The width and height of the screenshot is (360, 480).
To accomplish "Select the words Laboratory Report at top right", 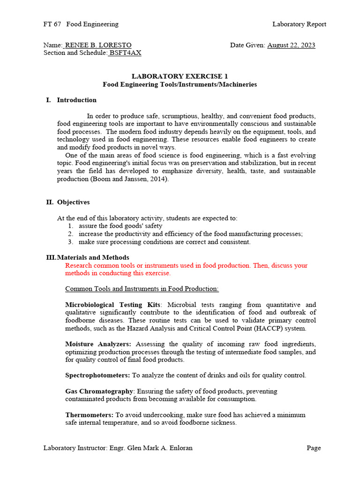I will point(299,24).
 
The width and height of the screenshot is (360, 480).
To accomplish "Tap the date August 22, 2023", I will point(291,45).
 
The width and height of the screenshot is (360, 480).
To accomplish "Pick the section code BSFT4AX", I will point(125,53).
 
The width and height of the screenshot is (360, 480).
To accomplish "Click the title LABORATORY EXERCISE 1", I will point(180,76).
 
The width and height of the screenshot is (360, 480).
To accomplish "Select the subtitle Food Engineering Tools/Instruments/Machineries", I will point(180,84).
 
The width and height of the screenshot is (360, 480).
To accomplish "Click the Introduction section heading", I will point(76,100).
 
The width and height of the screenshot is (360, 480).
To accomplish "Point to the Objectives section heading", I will point(73,202).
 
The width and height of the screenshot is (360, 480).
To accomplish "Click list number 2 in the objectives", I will point(70,234).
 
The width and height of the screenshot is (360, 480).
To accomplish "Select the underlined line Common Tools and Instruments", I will point(142,288).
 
